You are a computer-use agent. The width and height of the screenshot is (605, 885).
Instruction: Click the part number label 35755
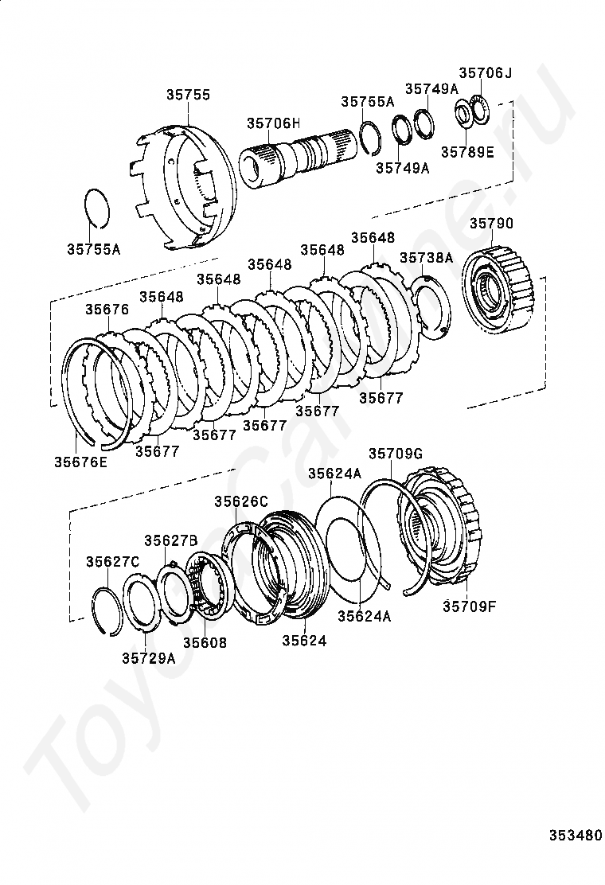188,95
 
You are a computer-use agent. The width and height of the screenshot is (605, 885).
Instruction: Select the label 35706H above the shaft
273,123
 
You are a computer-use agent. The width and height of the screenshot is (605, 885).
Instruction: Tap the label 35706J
485,72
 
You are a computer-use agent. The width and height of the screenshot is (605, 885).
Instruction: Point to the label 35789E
467,152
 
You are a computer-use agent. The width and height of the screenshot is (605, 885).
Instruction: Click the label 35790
492,224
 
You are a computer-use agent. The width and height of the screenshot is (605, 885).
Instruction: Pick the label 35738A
427,258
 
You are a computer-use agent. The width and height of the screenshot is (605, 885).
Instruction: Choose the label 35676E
80,462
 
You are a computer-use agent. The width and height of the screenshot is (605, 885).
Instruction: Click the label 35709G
396,454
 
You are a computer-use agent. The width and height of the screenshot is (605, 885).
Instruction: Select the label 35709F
469,606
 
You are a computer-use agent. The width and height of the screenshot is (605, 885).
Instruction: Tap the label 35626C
241,501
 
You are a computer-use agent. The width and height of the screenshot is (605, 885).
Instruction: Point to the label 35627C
113,562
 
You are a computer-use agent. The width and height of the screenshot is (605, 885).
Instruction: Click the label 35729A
149,658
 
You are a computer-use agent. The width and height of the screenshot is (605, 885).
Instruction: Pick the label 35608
205,643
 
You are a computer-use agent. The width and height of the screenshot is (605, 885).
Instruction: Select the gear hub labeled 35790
498,287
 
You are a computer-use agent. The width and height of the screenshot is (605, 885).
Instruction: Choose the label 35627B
170,540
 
